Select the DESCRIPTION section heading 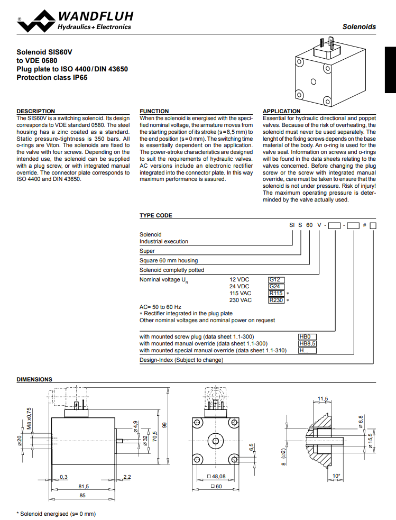pos(35,111)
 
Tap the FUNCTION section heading pos(154,111)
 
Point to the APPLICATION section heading pos(282,111)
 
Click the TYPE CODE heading pos(155,215)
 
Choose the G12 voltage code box pos(276,279)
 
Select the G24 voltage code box pos(276,286)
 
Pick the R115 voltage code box pos(277,293)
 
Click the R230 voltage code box pos(277,300)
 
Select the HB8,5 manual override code pos(307,343)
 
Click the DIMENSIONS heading pos(34,379)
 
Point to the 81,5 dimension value pos(84,486)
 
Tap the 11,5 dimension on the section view pos(323,398)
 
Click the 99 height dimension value pos(164,425)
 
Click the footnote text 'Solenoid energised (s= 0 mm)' pos(57,514)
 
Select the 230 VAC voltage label pos(240,300)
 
